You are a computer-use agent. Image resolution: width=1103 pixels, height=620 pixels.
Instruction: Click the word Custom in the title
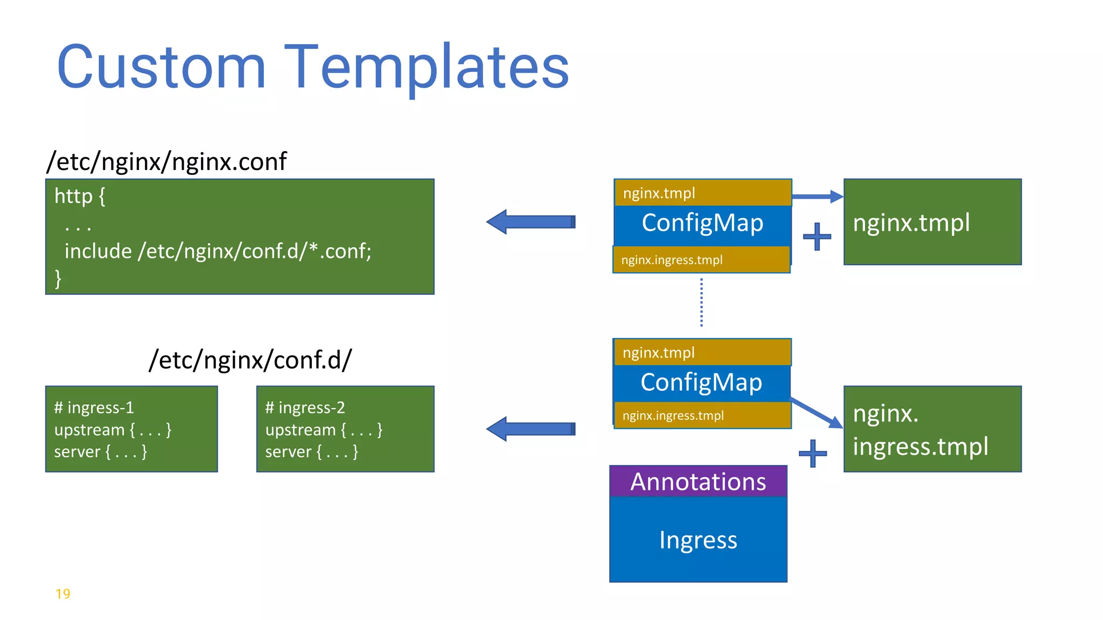pos(162,67)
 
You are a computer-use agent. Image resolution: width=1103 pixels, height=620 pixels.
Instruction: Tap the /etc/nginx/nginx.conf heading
pos(167,161)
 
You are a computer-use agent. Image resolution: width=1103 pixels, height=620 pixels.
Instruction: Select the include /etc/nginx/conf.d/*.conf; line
pos(218,251)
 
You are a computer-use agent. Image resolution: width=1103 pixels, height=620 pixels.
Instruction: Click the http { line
pos(80,196)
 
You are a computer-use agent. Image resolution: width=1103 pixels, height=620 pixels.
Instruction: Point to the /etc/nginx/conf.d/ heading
pos(250,360)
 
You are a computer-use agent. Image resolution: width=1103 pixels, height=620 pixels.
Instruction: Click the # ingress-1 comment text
pos(94,407)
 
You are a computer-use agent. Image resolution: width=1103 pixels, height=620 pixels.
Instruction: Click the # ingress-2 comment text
pos(305,407)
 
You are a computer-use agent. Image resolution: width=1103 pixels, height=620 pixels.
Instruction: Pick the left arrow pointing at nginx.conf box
pos(531,222)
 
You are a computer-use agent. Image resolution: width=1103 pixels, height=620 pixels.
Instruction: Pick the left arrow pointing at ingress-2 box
pos(531,429)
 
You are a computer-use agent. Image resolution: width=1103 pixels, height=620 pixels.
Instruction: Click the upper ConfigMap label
pos(702,223)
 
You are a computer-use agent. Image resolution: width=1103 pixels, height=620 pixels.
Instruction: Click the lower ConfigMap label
pos(701,382)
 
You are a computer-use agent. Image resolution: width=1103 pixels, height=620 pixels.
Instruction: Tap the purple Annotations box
pos(698,481)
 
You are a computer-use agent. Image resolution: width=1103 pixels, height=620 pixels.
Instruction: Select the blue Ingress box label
pos(698,540)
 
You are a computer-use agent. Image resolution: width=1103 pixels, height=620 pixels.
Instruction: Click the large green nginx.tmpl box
pos(932,222)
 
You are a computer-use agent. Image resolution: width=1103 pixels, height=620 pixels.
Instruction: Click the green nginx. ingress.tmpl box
pos(932,429)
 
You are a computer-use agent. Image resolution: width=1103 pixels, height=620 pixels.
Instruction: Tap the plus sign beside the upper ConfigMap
pos(817,236)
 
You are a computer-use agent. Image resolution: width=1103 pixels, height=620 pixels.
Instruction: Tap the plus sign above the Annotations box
pos(813,453)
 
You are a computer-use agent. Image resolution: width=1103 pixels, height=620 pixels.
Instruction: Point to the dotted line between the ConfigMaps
pos(701,302)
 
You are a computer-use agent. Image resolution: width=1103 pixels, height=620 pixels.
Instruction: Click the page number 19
pos(63,594)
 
